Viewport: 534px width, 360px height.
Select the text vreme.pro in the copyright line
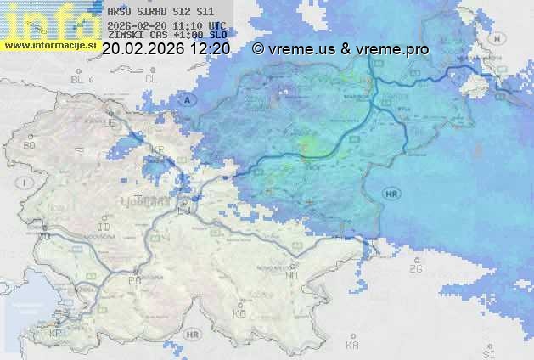click(396, 49)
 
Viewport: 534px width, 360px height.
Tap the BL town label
click(79, 79)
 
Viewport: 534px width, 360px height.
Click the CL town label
click(152, 79)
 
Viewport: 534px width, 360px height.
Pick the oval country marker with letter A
click(188, 100)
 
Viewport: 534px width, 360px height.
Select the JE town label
click(108, 123)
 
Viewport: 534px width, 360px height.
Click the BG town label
click(29, 145)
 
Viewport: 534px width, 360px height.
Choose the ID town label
click(104, 228)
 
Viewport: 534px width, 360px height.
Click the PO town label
click(132, 279)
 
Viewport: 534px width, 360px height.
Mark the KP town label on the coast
click(56, 333)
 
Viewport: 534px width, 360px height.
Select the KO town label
click(239, 313)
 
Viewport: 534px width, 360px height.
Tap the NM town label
click(292, 275)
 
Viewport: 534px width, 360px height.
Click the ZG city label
click(415, 269)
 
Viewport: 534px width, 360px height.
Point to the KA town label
click(351, 346)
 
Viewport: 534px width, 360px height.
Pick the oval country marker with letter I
click(26, 183)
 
